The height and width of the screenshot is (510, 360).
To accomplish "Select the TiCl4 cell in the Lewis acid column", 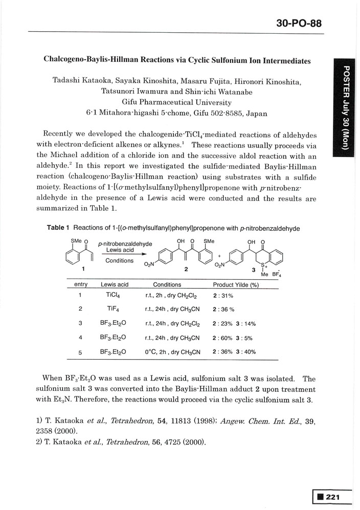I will point(112,295).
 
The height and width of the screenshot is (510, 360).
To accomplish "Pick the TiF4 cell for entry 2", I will point(112,309).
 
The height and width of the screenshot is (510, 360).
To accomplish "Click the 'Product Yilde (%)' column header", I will point(237,284).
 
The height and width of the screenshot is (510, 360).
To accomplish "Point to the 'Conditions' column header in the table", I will point(167,284).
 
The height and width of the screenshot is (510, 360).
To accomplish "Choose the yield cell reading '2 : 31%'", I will point(223,296).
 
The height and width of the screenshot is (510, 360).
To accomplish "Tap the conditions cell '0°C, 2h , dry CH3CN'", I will point(172,352).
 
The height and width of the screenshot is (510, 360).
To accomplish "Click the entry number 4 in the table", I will point(81,338).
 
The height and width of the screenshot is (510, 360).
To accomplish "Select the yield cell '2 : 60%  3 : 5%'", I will point(234,338).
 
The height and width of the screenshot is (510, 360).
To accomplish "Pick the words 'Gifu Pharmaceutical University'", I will point(177,102).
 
